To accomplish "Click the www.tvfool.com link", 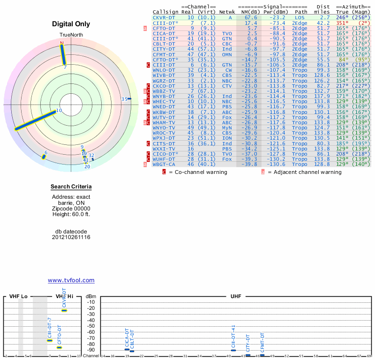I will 71,280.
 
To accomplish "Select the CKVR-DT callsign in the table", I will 164,17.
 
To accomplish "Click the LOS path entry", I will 300,17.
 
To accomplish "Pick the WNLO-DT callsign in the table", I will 164,70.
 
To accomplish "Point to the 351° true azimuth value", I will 342,22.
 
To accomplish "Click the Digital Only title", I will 71,24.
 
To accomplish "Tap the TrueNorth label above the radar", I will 71,35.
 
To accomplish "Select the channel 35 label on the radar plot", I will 124,99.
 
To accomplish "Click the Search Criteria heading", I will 71,187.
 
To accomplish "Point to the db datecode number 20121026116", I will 71,237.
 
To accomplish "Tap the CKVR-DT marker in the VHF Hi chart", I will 64,310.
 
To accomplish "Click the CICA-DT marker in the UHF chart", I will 127,349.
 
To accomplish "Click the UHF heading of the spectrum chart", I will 236,297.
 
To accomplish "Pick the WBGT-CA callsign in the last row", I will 164,164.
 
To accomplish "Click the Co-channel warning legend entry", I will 197,172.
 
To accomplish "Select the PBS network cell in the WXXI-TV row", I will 227,149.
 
